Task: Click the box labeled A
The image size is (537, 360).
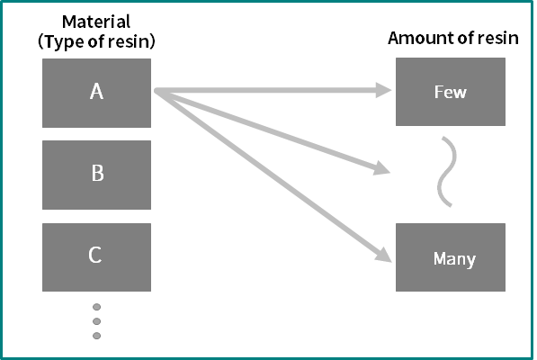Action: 96,93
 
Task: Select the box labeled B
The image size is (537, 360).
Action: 96,175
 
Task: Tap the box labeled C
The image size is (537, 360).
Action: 96,257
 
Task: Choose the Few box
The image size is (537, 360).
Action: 451,92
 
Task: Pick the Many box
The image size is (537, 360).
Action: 451,257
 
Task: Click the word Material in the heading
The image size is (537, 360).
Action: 96,22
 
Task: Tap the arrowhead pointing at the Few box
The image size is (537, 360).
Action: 383,90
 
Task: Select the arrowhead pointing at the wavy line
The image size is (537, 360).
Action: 382,167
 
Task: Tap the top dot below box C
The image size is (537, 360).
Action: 96,307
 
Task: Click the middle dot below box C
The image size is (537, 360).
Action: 96,321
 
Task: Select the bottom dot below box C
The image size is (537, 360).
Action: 96,336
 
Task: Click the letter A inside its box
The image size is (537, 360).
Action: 96,92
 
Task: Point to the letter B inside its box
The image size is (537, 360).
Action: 98,173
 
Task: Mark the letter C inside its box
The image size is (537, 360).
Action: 95,255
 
